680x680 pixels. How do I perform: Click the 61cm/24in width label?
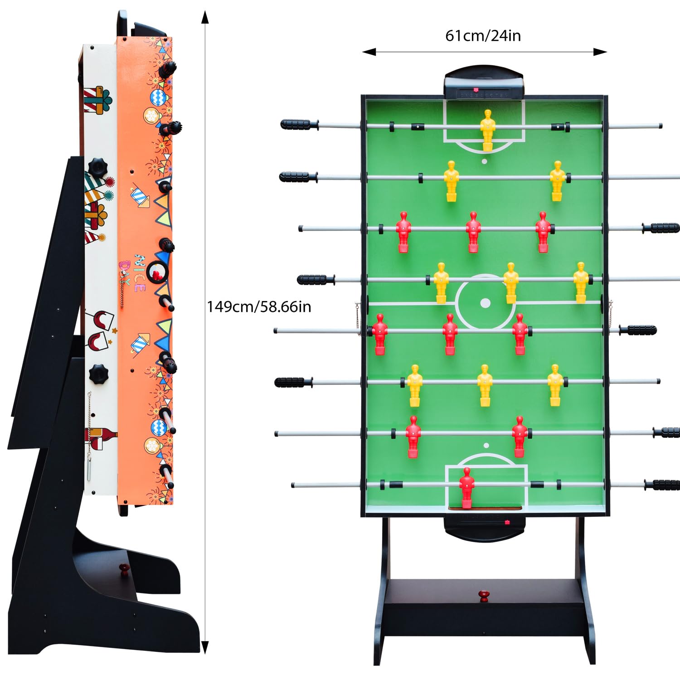pyautogui.click(x=483, y=35)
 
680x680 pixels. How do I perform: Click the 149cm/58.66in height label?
pyautogui.click(x=259, y=307)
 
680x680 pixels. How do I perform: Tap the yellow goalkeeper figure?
pyautogui.click(x=487, y=130)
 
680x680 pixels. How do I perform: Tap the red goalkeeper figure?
pyautogui.click(x=466, y=488)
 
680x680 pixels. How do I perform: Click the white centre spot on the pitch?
pyautogui.click(x=485, y=303)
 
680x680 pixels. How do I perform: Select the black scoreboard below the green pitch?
pyautogui.click(x=484, y=528)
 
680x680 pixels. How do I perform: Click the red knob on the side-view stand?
pyautogui.click(x=124, y=569)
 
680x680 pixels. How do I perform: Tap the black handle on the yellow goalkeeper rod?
pyautogui.click(x=298, y=124)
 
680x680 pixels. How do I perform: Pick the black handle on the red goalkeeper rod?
pyautogui.click(x=663, y=485)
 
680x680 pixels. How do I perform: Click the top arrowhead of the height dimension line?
pyautogui.click(x=205, y=17)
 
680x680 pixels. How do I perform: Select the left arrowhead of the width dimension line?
pyautogui.click(x=369, y=52)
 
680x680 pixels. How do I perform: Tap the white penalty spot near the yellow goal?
pyautogui.click(x=484, y=161)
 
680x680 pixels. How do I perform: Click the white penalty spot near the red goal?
pyautogui.click(x=486, y=446)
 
